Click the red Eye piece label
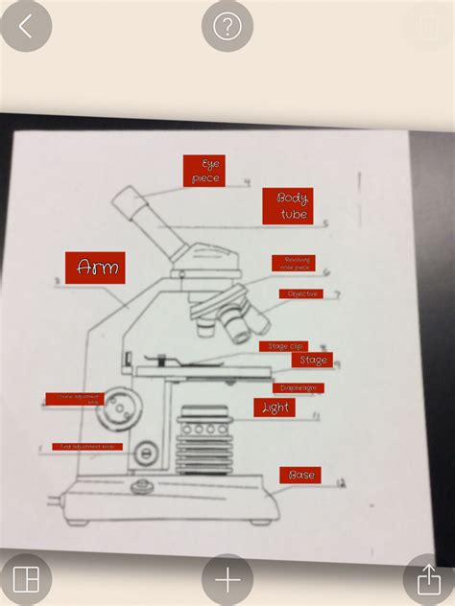point(204,171)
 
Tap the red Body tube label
point(293,206)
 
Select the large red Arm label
point(96,267)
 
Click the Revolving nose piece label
point(293,263)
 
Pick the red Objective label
point(301,294)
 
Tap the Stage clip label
point(283,346)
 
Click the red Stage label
point(313,361)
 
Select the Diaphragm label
point(298,388)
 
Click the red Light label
point(275,408)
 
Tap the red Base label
point(299,475)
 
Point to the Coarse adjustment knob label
point(74,398)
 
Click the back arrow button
point(25,26)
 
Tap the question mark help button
point(227,26)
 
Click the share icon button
point(428,579)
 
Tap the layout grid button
point(26,580)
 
